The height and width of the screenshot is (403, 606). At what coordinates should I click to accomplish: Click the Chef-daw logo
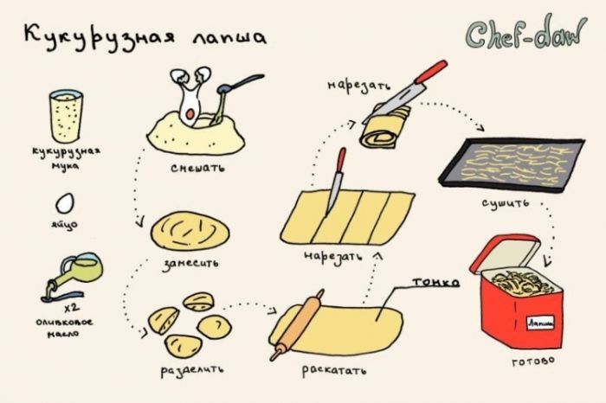526,32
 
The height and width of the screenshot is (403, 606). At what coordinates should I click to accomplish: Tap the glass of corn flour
66,117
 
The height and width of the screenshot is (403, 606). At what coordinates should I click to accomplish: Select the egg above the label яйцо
65,203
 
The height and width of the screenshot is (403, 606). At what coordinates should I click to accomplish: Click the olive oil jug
75,273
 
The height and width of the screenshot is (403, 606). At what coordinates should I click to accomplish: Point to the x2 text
72,308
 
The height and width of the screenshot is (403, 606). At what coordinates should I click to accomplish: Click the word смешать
197,169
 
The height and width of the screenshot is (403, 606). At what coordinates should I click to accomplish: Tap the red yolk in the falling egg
190,114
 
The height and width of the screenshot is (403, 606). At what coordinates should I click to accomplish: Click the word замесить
191,264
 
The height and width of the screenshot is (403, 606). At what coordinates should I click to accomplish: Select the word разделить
192,371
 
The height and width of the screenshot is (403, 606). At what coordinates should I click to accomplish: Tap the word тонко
436,282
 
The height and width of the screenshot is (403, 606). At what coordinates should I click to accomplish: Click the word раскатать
333,371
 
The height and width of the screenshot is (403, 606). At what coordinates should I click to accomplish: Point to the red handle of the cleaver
431,72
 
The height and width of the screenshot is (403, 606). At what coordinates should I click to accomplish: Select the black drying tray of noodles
512,165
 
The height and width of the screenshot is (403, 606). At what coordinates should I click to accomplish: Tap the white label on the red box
541,323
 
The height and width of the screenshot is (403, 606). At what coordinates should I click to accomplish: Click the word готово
533,361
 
